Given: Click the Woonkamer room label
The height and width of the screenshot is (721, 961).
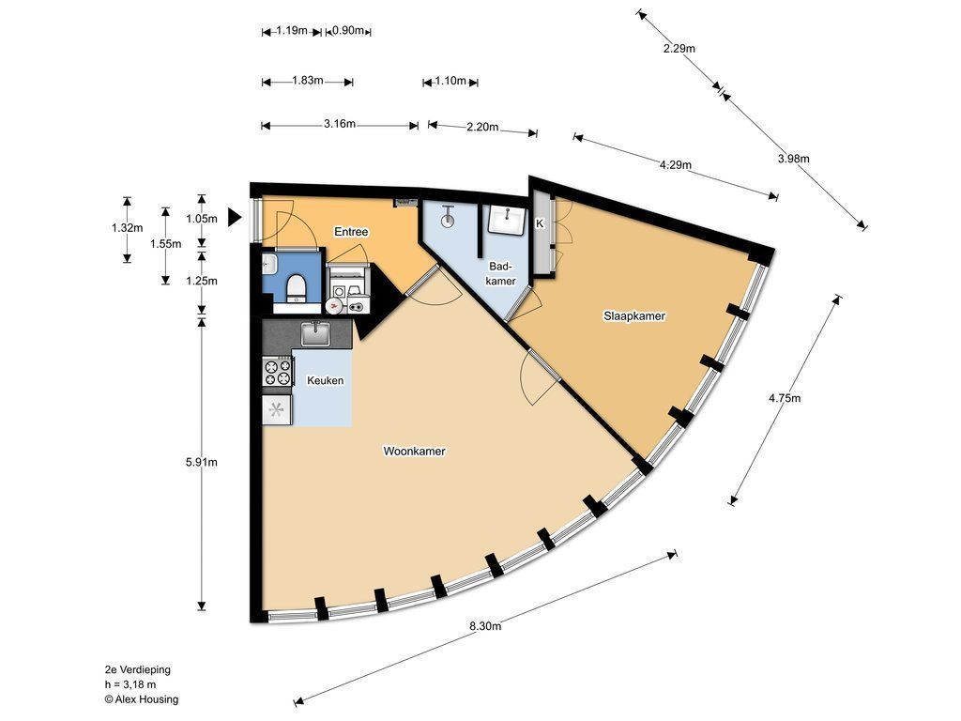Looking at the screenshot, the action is [414, 452].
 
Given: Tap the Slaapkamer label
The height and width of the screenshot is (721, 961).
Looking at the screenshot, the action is [634, 316].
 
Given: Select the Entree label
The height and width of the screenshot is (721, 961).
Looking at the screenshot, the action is [351, 232].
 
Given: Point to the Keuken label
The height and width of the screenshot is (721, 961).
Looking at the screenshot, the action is [325, 381].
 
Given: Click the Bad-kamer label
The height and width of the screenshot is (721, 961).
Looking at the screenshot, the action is [501, 273].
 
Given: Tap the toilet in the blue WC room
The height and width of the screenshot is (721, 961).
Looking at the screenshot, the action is [297, 287].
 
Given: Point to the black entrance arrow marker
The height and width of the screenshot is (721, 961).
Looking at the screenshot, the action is [235, 217].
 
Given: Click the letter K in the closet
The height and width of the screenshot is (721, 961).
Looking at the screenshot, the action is [540, 223].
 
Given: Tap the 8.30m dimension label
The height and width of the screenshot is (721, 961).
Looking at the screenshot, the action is [485, 626].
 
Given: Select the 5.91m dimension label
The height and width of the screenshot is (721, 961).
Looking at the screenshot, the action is [202, 462].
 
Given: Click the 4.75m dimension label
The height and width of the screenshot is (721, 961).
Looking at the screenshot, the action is [785, 398].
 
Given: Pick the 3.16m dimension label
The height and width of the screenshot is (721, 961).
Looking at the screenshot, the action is [340, 124].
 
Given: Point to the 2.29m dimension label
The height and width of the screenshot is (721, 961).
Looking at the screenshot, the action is [679, 49].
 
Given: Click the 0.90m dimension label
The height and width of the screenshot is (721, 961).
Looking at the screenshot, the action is [348, 31].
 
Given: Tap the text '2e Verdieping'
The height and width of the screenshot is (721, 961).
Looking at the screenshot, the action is [137, 669].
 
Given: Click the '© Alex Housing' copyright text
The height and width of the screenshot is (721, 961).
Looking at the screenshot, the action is [142, 698].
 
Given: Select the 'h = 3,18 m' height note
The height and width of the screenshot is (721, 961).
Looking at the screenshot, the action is [130, 684].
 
